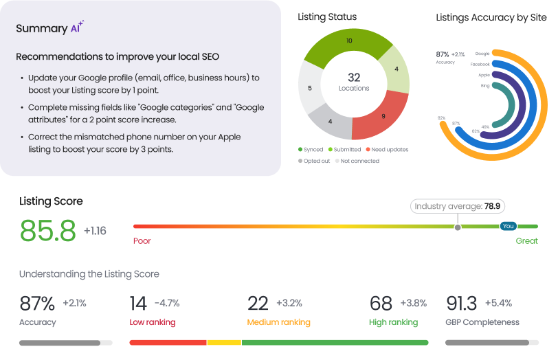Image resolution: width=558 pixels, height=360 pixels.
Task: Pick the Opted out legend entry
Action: pos(315,161)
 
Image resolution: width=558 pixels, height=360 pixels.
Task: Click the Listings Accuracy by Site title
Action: pos(491,17)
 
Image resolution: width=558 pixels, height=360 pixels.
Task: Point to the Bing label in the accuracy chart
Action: pos(485,85)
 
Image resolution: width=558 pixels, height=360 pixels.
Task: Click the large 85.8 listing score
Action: pos(47,231)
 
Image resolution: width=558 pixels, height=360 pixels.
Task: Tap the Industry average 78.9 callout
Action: pos(458,205)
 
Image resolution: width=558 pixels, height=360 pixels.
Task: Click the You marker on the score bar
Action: pos(509,226)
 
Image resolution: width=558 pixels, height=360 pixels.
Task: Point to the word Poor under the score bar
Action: pos(142,241)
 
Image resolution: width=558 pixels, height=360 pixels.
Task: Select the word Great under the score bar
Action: pos(526,241)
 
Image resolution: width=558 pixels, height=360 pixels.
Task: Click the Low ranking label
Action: pos(152,322)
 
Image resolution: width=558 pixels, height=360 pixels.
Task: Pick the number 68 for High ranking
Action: pos(381,303)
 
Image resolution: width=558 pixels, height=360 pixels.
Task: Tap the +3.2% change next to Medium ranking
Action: pos(289,303)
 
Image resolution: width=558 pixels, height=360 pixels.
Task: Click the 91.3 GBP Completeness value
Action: pos(462,303)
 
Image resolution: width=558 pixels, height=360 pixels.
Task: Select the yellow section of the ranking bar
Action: pos(224,341)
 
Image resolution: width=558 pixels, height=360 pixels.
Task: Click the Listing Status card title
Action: pos(327,17)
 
